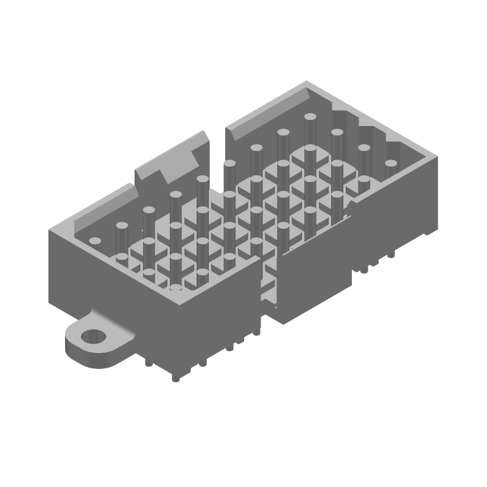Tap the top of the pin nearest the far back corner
pos(310,117)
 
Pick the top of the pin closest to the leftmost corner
pos(94,242)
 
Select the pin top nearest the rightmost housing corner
pos(390,163)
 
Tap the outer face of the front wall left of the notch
pos(207,317)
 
